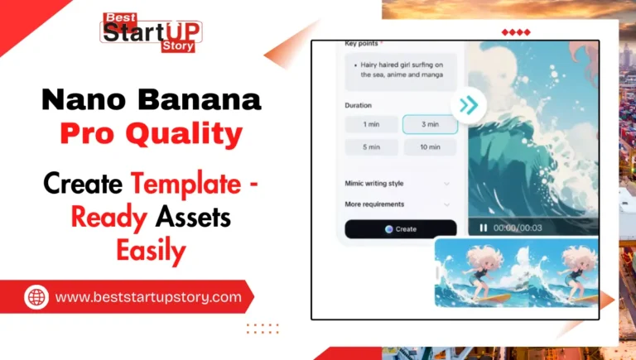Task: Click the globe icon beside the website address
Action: click(36, 296)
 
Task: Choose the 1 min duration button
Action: click(370, 125)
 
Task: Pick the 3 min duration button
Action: click(430, 125)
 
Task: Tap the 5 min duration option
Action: click(370, 147)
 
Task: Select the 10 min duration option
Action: click(430, 147)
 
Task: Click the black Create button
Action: click(400, 229)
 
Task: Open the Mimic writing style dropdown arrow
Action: click(447, 183)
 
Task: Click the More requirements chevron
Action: click(447, 204)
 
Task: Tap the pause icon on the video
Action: click(483, 228)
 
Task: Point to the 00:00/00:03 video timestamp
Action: click(517, 228)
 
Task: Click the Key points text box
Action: click(400, 70)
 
